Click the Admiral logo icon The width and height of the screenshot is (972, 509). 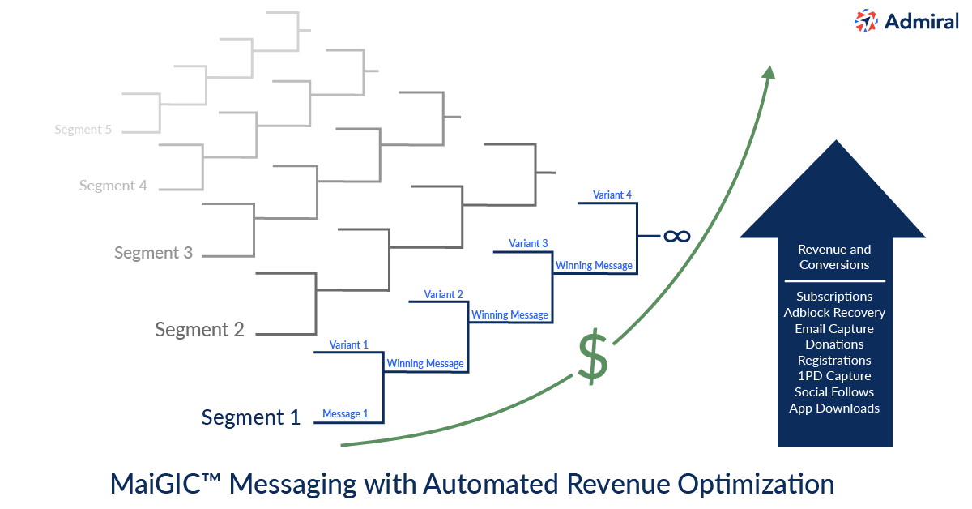[866, 21]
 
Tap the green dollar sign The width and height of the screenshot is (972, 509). [593, 357]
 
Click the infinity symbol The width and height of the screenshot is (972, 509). [677, 236]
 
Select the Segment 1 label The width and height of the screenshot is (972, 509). [251, 417]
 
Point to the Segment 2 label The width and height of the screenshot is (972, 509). [199, 330]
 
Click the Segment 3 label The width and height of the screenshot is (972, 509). [153, 253]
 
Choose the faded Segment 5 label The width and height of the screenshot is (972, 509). [83, 130]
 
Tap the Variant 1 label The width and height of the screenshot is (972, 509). [349, 344]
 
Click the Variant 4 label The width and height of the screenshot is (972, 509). [612, 195]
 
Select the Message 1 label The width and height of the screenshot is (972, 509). [345, 414]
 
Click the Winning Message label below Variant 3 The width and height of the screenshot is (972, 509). [594, 265]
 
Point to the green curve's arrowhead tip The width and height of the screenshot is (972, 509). [769, 66]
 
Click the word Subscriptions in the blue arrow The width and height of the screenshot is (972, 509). [834, 297]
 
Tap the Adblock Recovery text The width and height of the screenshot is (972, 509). [834, 313]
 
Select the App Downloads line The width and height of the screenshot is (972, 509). [834, 408]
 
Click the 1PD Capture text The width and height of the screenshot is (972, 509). [834, 376]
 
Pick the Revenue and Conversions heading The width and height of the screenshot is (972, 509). [834, 257]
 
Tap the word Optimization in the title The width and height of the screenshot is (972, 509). [756, 485]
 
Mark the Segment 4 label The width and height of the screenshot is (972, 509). [113, 186]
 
